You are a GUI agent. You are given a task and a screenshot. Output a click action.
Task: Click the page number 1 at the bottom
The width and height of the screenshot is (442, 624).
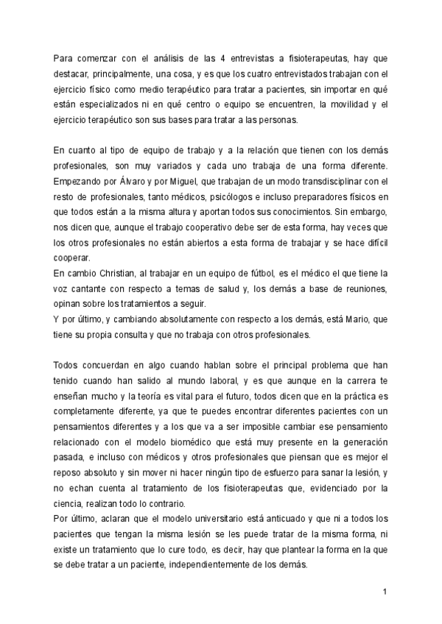click(385, 591)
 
